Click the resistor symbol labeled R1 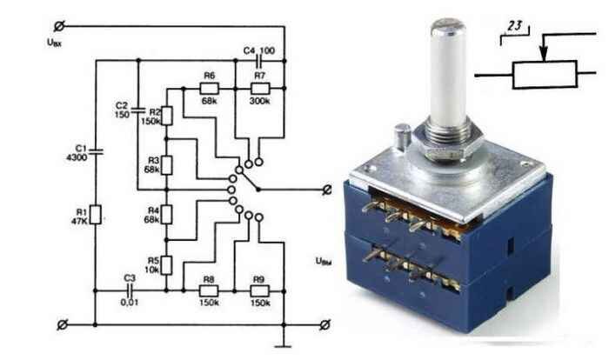click(96, 213)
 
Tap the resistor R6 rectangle click(209, 89)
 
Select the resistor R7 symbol click(259, 89)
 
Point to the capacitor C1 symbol click(96, 150)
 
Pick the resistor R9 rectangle click(259, 290)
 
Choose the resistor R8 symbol click(209, 290)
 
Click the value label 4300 click(75, 158)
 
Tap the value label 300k click(259, 103)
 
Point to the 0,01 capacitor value click(129, 302)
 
